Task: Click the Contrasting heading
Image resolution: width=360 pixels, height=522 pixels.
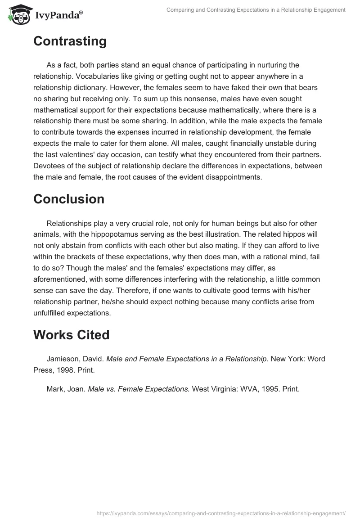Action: point(70,41)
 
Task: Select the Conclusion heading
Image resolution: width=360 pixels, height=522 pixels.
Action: point(69,199)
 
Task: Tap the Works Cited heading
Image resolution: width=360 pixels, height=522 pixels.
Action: point(72,335)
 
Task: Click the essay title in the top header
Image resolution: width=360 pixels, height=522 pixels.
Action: point(256,10)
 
